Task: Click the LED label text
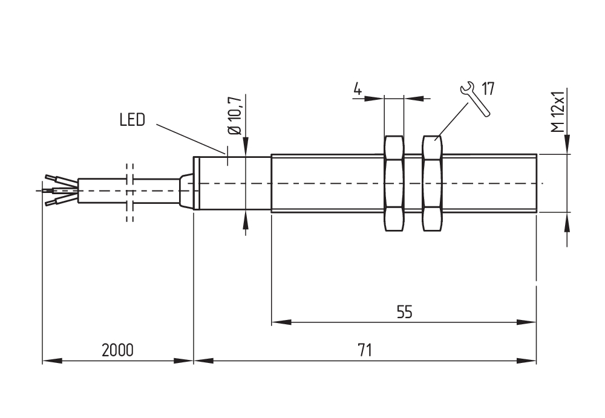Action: click(x=132, y=120)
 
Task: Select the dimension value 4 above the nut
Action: click(x=358, y=90)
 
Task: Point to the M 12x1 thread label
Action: click(x=557, y=112)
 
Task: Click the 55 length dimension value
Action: click(x=404, y=312)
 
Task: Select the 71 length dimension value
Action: click(x=365, y=350)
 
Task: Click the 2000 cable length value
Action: click(x=117, y=350)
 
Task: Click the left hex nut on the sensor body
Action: click(x=394, y=183)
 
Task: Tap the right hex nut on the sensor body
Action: click(x=432, y=183)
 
